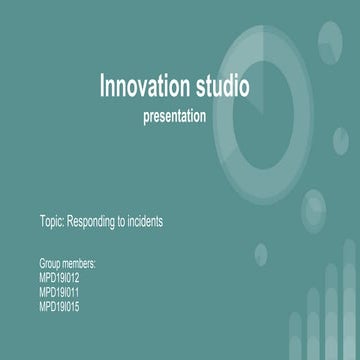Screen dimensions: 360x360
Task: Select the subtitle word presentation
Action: (175, 116)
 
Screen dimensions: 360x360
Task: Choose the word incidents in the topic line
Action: (144, 222)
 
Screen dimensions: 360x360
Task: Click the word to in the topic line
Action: (121, 222)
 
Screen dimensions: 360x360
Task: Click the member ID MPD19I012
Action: (59, 278)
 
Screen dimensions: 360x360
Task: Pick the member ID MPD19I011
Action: (59, 292)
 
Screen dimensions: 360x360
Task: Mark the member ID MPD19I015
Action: (59, 306)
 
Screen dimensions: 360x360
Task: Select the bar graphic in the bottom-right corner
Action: (320, 325)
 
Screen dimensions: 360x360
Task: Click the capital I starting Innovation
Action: (102, 87)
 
